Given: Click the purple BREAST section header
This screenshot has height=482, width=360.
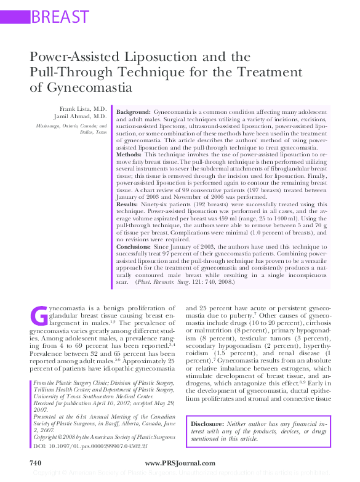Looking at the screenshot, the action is click(59, 16).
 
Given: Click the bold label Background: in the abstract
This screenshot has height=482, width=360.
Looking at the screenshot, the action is click(134, 111).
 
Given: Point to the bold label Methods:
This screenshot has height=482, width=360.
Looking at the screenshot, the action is click(130, 154).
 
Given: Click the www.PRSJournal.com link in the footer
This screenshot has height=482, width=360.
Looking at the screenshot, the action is click(180, 463).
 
